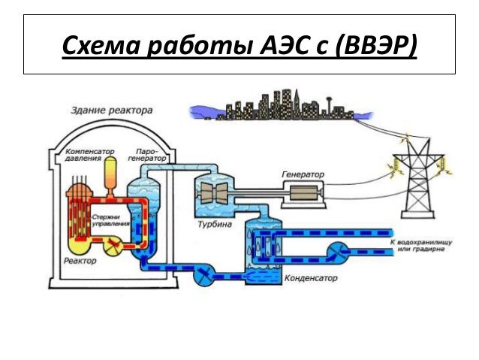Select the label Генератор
[303, 174]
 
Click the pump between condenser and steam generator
[203, 276]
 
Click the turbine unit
[217, 194]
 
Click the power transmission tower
[417, 180]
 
